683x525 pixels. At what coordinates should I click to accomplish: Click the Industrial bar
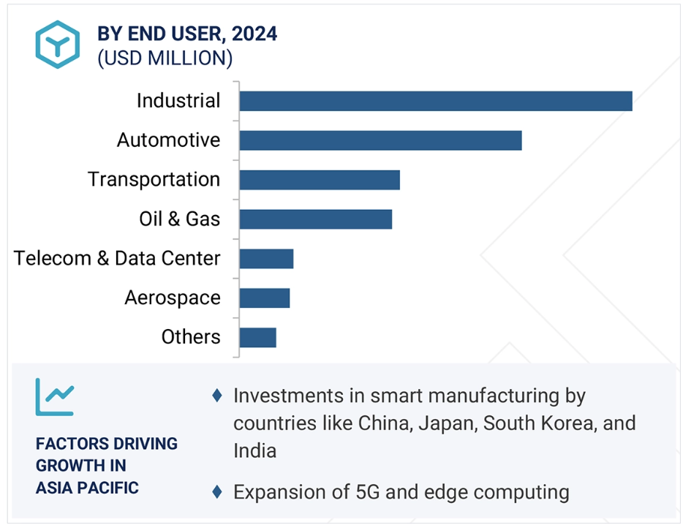tap(436, 101)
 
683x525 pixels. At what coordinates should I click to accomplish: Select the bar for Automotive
tap(380, 140)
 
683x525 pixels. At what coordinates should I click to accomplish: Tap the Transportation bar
tap(320, 180)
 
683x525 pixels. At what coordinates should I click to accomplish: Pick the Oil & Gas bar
tap(316, 219)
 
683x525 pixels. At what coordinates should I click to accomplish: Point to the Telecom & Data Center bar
tap(266, 259)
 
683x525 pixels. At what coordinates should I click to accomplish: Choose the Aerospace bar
tap(265, 298)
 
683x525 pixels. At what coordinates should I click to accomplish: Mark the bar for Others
tap(257, 338)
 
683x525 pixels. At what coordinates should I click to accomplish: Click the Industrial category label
tap(178, 101)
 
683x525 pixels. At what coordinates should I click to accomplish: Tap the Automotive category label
tap(168, 140)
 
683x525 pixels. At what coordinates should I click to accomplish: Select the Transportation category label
tap(154, 180)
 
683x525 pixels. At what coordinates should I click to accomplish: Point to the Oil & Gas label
tap(179, 219)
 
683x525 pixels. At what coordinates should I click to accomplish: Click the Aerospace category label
tap(172, 298)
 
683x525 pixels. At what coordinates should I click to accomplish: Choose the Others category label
tap(190, 338)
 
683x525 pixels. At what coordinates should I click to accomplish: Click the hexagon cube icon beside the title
tap(57, 45)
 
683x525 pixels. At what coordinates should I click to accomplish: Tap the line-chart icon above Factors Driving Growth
tap(55, 396)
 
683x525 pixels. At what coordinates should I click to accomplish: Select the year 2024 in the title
tap(256, 34)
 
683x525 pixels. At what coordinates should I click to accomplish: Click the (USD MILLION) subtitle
tap(165, 58)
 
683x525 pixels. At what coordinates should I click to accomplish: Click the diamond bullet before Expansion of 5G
tap(216, 492)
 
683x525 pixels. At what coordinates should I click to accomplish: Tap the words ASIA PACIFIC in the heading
tap(87, 488)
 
